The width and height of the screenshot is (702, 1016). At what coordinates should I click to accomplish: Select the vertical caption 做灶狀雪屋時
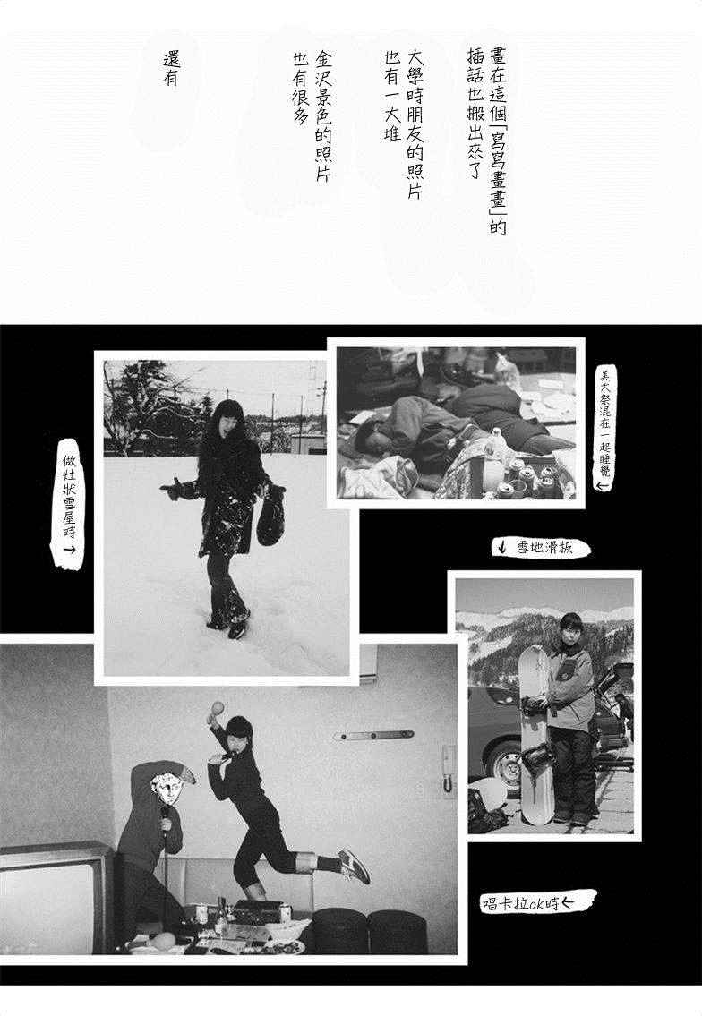click(69, 503)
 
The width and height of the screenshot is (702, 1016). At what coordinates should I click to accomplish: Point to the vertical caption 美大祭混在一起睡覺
click(605, 428)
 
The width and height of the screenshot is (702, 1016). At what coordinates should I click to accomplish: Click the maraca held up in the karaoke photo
click(216, 712)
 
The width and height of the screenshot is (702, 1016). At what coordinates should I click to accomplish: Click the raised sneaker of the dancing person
click(354, 866)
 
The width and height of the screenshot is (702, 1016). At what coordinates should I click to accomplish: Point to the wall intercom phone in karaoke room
click(448, 768)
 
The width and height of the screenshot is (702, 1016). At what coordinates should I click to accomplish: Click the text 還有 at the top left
click(171, 69)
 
